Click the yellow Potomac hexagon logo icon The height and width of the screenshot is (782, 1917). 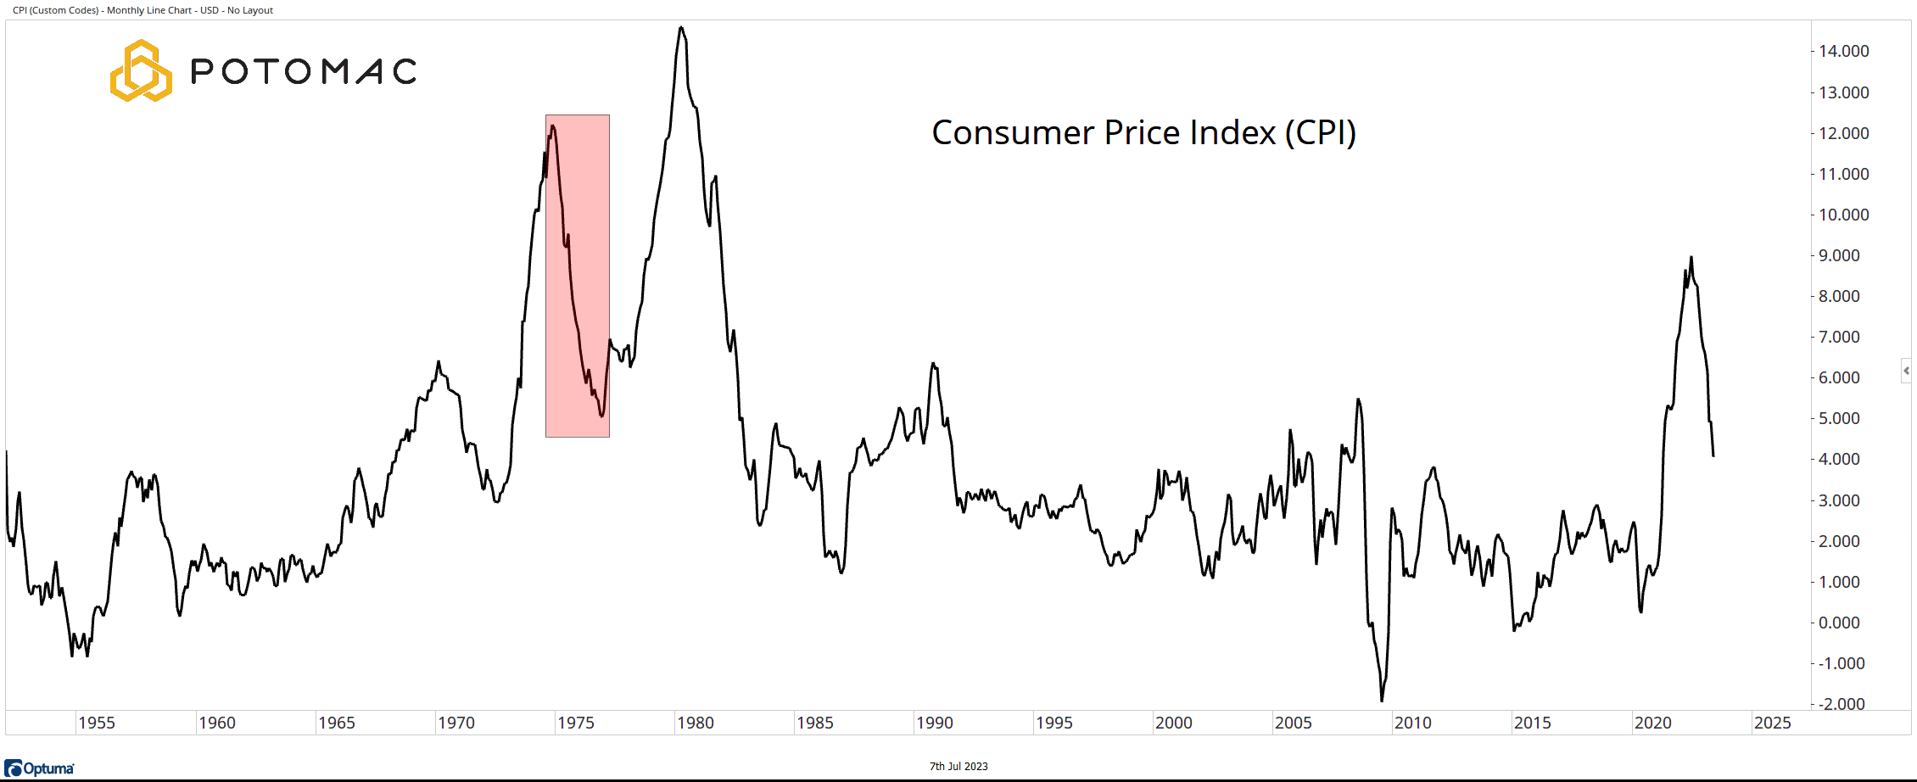click(x=141, y=71)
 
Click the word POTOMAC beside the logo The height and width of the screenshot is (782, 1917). click(x=304, y=71)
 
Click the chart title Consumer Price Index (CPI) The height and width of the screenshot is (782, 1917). click(x=1143, y=133)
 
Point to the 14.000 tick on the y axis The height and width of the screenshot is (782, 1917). click(x=1843, y=51)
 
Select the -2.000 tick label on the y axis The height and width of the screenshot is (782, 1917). click(x=1842, y=704)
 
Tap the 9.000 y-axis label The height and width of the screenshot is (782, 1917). click(x=1839, y=255)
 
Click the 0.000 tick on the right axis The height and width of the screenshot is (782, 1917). click(x=1839, y=623)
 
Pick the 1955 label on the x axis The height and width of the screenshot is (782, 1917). click(x=97, y=723)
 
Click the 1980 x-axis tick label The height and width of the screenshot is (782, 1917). click(x=695, y=723)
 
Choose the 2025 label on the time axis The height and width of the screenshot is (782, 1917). click(x=1772, y=723)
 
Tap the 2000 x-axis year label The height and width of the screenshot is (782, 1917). click(x=1173, y=723)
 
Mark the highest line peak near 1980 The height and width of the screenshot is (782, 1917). click(x=681, y=28)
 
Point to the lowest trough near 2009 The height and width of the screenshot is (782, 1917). click(x=1381, y=700)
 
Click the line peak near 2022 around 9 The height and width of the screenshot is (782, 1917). click(x=1691, y=258)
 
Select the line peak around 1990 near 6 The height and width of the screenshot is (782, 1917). click(x=932, y=364)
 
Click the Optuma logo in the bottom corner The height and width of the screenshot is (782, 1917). click(x=40, y=768)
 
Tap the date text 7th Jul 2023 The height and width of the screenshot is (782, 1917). click(x=958, y=766)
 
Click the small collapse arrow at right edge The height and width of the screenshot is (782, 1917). click(x=1906, y=371)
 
